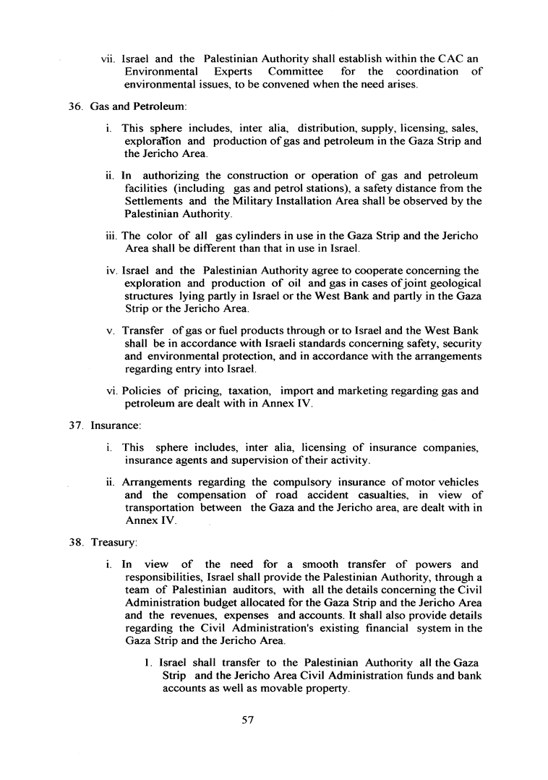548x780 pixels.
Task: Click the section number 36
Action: [x=75, y=107]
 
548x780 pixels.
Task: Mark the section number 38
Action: [x=75, y=540]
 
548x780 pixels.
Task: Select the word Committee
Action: [x=301, y=71]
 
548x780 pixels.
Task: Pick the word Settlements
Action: [x=157, y=202]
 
